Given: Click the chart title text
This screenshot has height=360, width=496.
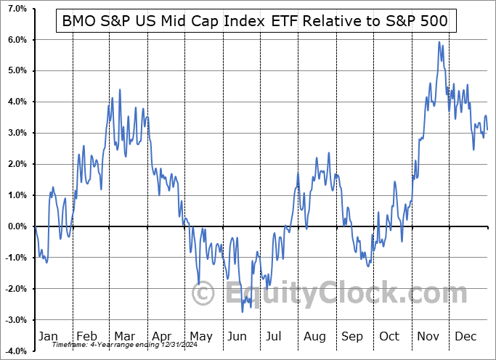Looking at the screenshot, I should tap(256, 22).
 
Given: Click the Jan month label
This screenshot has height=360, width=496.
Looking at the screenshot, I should tap(48, 336).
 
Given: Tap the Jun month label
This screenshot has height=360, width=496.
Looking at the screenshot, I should tap(237, 336).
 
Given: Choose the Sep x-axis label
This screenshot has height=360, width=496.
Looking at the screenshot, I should tap(352, 336).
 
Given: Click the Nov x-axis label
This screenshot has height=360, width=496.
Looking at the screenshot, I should tap(428, 336).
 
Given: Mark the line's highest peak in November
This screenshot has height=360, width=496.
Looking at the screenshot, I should tap(439, 42).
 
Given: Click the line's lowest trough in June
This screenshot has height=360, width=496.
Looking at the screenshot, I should tap(243, 312).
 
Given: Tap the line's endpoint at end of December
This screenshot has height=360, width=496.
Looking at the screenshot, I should tap(487, 129).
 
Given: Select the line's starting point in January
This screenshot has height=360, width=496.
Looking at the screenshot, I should tap(35, 226).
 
